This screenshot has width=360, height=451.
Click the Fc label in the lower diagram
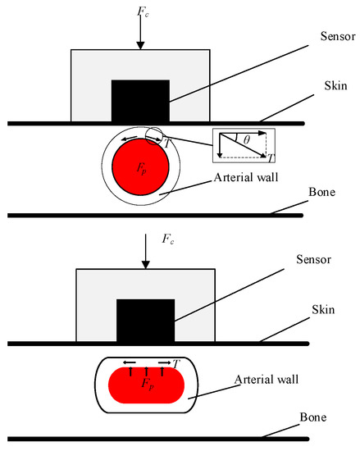tap(167, 239)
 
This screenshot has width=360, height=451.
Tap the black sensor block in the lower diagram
tap(145, 321)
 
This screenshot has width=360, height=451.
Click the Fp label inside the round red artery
tap(140, 166)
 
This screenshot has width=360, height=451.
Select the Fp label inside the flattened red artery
tap(144, 383)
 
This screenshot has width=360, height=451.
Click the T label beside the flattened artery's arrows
tap(177, 362)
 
